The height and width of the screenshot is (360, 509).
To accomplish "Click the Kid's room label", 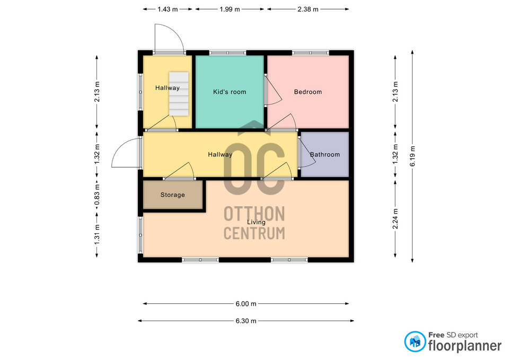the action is point(230,92).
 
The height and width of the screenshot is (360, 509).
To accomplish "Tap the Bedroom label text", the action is point(308,92).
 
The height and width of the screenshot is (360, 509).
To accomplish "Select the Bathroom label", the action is point(324,154).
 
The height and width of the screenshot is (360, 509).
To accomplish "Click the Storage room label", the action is point(172,195).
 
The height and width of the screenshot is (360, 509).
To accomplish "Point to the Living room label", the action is point(256,222).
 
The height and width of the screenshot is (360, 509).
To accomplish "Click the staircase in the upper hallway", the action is point(179,94).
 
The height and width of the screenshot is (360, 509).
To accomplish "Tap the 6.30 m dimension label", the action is point(245,321).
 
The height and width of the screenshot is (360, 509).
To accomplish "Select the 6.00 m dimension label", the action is point(245,304).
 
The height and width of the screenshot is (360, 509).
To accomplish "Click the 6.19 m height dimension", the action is point(413,156).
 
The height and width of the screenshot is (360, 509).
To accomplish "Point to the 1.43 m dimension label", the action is point(168,10).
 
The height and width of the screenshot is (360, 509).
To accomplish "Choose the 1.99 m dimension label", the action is point(230,10).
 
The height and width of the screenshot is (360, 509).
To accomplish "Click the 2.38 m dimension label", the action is point(308,10).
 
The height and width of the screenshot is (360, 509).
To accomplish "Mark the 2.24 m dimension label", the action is point(396,219).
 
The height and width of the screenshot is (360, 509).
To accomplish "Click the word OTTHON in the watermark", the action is point(254,214).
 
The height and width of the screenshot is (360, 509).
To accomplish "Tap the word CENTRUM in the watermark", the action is point(254,233).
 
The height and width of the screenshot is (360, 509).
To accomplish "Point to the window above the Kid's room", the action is point(227,52).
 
